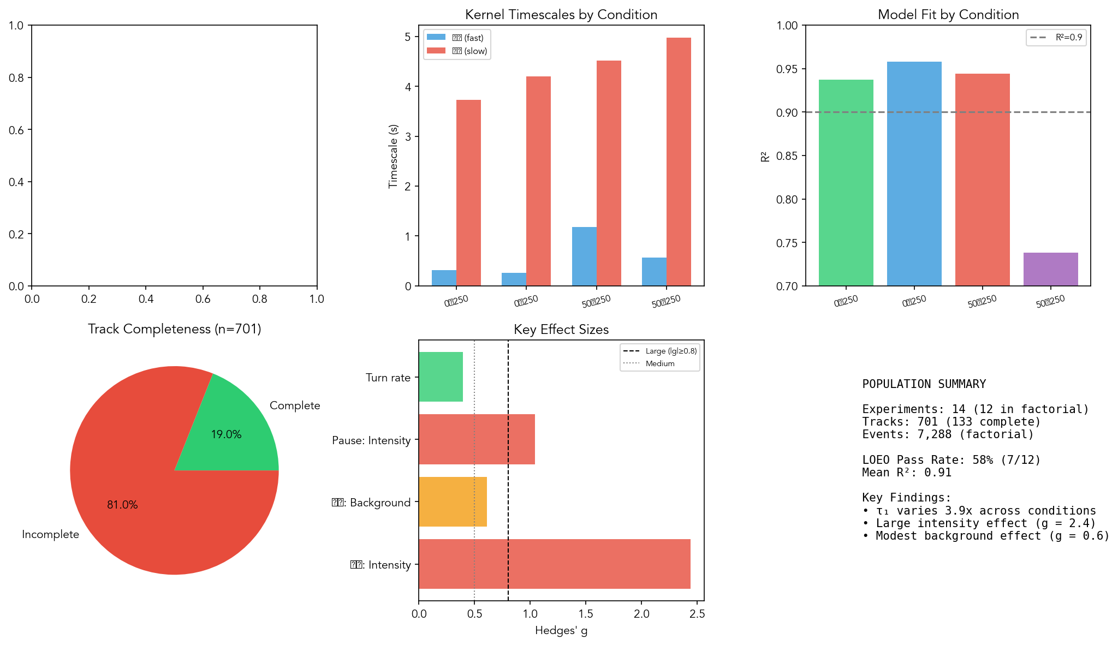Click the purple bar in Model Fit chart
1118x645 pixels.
pyautogui.click(x=1050, y=269)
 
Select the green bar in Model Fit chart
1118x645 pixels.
pyautogui.click(x=846, y=183)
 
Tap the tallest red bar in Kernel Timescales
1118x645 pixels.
pyautogui.click(x=679, y=162)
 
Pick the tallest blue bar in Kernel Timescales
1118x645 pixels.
pyautogui.click(x=584, y=256)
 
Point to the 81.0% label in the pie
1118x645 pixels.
pyautogui.click(x=122, y=505)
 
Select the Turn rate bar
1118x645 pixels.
pyautogui.click(x=441, y=377)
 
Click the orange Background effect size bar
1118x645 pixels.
pyautogui.click(x=453, y=502)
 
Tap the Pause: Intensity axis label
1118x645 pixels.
pyautogui.click(x=371, y=440)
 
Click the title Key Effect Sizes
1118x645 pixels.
pyautogui.click(x=561, y=330)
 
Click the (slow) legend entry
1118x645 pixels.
pyautogui.click(x=468, y=51)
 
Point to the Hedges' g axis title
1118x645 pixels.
pyautogui.click(x=561, y=630)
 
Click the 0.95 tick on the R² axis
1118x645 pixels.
pyautogui.click(x=787, y=69)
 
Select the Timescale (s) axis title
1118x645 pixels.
pyautogui.click(x=393, y=156)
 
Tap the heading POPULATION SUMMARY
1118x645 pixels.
pyautogui.click(x=924, y=384)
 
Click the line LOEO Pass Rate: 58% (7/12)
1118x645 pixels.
pyautogui.click(x=951, y=460)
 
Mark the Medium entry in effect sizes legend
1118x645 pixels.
pyautogui.click(x=659, y=363)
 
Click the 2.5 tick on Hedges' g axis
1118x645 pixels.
pyautogui.click(x=697, y=614)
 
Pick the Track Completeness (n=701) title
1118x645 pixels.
pyautogui.click(x=174, y=329)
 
